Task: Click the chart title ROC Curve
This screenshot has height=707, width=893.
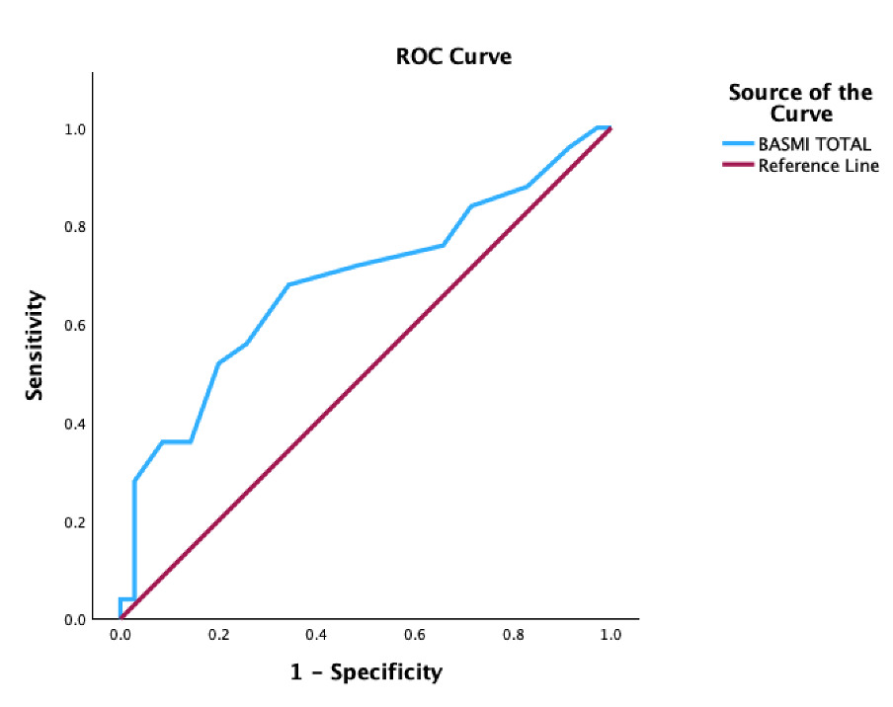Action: point(453,56)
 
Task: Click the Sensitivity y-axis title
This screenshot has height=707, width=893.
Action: point(36,345)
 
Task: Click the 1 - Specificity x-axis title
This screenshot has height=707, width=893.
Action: point(366,672)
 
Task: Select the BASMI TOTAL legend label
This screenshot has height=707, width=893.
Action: point(814,144)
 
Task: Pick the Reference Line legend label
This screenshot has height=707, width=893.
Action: point(818,166)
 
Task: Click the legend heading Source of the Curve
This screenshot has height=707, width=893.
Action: point(800,103)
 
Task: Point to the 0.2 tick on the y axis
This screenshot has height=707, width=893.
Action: point(76,522)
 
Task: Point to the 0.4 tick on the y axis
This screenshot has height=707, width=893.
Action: point(76,424)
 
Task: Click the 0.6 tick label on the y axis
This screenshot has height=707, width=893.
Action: point(76,326)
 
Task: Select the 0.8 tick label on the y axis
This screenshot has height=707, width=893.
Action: point(76,227)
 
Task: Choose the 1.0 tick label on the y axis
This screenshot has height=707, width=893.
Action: point(76,129)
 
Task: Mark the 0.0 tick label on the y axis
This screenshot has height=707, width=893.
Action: point(76,620)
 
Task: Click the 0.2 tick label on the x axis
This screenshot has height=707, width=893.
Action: point(217,637)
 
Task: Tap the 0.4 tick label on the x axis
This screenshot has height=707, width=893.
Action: point(316,637)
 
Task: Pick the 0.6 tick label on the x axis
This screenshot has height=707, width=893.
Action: point(414,637)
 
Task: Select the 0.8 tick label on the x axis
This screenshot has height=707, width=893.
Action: point(513,637)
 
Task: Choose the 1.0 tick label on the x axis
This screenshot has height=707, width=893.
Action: point(610,637)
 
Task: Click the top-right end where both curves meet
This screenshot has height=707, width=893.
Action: point(610,128)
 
